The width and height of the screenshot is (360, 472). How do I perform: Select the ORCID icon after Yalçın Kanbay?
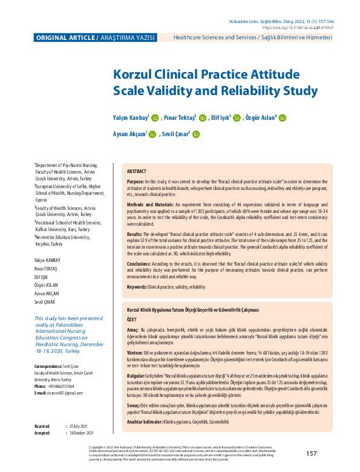(x=154, y=119)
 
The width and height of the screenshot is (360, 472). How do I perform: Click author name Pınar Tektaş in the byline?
(x=180, y=119)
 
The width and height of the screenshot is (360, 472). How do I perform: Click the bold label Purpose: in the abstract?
(x=136, y=182)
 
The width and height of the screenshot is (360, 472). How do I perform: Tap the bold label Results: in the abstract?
(x=134, y=233)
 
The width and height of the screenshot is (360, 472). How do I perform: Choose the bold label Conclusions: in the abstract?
(x=139, y=264)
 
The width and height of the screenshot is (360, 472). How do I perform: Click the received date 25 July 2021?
(x=79, y=427)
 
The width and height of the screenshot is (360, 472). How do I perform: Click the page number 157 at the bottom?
(x=312, y=453)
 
